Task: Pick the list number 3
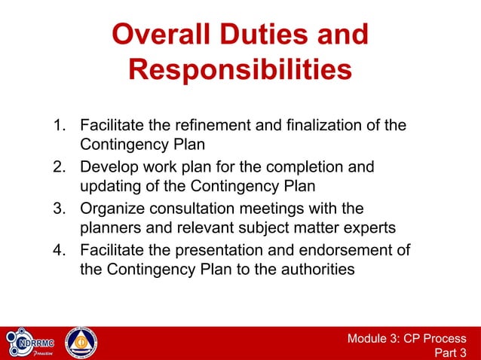point(57,208)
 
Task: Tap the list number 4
point(57,250)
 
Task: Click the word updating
point(110,185)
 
